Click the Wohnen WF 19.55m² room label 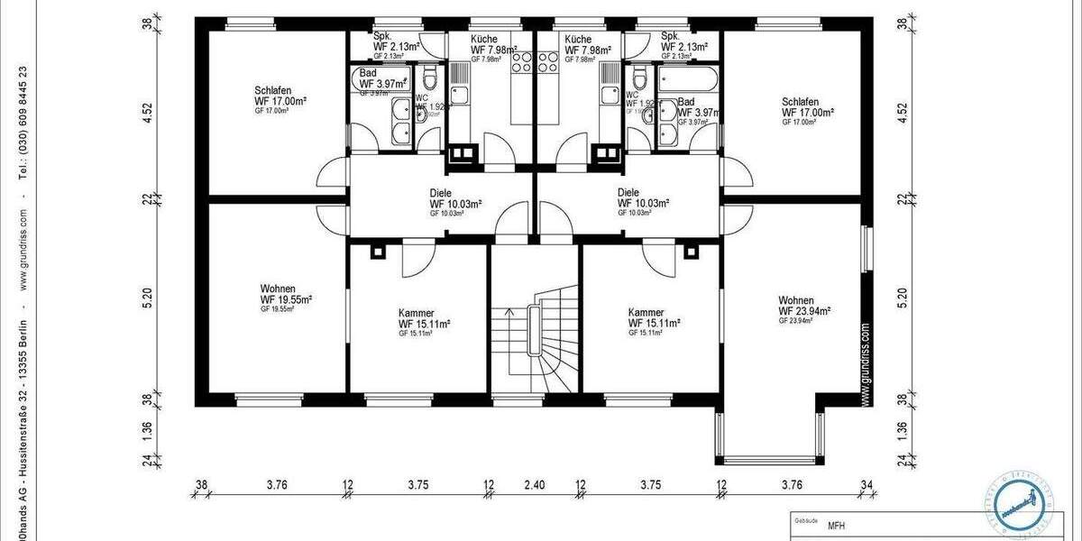286,298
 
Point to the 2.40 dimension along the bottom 534,485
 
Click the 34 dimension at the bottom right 867,485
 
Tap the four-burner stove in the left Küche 523,62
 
